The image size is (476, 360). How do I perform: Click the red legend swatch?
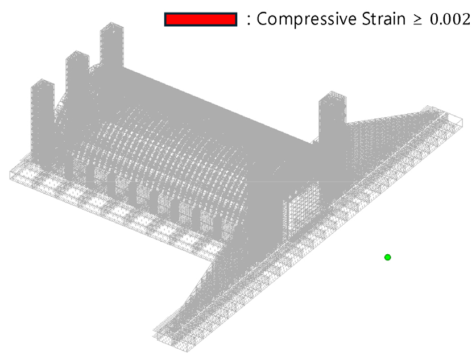pyautogui.click(x=200, y=19)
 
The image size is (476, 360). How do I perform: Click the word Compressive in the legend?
pyautogui.click(x=307, y=19)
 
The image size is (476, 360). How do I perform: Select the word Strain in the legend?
pyautogui.click(x=383, y=19)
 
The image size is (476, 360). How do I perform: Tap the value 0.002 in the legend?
pyautogui.click(x=450, y=19)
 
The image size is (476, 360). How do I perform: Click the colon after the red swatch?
pyautogui.click(x=249, y=20)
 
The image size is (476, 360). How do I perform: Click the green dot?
pyautogui.click(x=387, y=258)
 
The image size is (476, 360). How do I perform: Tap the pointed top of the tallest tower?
pyautogui.click(x=111, y=22)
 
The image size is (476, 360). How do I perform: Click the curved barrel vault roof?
pyautogui.click(x=164, y=146)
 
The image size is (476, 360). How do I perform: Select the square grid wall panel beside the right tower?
pyautogui.click(x=300, y=209)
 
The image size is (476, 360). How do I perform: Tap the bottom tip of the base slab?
pyautogui.click(x=187, y=351)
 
